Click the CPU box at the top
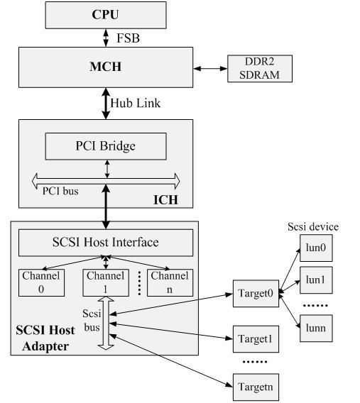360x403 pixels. pyautogui.click(x=106, y=14)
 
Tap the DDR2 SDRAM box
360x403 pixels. pyautogui.click(x=260, y=69)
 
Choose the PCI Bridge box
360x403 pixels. pyautogui.click(x=106, y=146)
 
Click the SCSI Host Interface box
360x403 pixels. pyautogui.click(x=106, y=243)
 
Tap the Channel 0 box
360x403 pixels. pyautogui.click(x=41, y=282)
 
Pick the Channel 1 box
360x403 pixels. pyautogui.click(x=106, y=282)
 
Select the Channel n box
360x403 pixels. pyautogui.click(x=168, y=282)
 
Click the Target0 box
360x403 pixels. pyautogui.click(x=253, y=293)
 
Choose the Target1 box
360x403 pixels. pyautogui.click(x=253, y=338)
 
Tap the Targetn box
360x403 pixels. pyautogui.click(x=253, y=387)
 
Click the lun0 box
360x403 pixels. pyautogui.click(x=315, y=249)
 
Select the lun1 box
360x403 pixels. pyautogui.click(x=315, y=280)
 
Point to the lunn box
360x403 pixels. pyautogui.click(x=315, y=329)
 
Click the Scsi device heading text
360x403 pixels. pyautogui.click(x=313, y=227)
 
